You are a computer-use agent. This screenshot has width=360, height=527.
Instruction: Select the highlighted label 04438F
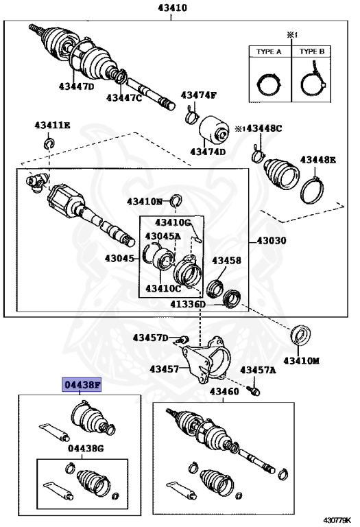82,385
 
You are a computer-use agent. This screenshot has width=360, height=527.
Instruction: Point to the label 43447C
124,98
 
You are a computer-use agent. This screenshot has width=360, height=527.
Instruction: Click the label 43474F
198,95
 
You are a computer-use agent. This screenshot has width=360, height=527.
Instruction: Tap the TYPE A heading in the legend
268,52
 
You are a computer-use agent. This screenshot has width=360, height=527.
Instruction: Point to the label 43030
272,241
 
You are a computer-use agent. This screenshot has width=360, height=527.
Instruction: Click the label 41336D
188,303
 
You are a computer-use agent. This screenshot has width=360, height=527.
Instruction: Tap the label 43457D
150,338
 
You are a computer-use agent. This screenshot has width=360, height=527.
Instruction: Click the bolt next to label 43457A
255,390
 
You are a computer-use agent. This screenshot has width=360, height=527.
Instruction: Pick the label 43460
224,391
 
